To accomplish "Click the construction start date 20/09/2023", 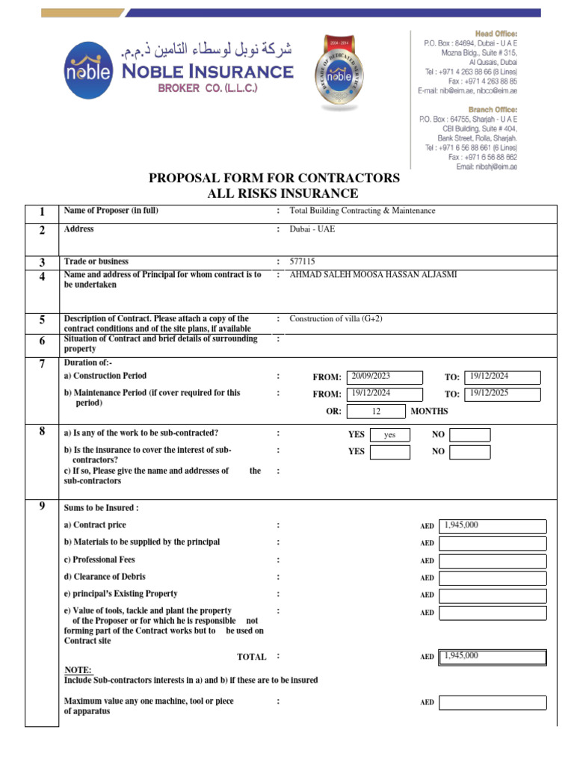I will point(380,377).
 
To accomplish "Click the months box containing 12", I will point(377,411).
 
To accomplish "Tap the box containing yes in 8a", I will point(389,435).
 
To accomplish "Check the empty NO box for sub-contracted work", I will point(470,435).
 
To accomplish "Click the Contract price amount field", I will point(493,527).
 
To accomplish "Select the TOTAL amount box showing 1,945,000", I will point(493,657).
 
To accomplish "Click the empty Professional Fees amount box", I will point(493,560).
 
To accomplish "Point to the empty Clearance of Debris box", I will point(493,577).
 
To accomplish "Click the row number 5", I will point(43,320).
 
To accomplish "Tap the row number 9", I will point(43,507).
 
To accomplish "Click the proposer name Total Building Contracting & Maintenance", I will point(362,211).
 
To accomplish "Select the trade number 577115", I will point(303,262).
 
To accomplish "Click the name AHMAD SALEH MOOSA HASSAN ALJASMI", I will point(373,275).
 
